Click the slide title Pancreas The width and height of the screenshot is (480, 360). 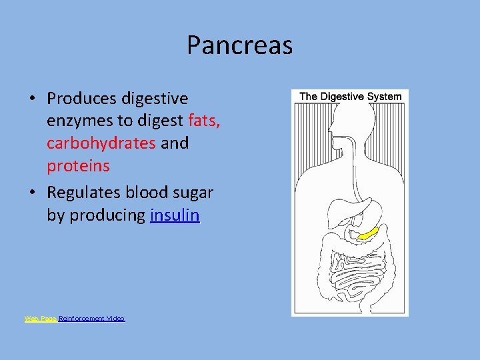pos(239,45)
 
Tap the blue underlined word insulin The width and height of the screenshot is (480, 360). pos(175,215)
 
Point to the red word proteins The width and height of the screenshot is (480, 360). pos(78,165)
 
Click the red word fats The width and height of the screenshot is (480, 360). pos(205,121)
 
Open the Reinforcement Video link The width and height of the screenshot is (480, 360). pos(92,319)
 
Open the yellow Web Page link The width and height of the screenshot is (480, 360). pos(40,319)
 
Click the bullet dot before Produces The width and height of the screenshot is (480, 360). pos(31,99)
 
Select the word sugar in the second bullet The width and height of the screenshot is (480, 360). pos(192,193)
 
